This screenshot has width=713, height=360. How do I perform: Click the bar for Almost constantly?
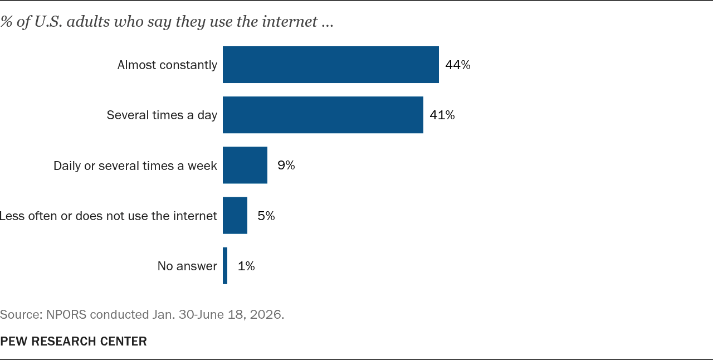tap(331, 65)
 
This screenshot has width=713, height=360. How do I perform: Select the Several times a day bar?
tap(323, 115)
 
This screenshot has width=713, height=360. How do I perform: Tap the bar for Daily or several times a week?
tap(245, 165)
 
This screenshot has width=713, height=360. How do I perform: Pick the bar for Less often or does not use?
tap(235, 215)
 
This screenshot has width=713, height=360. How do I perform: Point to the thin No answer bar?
tap(225, 266)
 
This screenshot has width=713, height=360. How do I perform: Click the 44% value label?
tap(458, 65)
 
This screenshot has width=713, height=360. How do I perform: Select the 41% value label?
tap(442, 115)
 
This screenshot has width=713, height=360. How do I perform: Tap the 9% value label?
tap(286, 165)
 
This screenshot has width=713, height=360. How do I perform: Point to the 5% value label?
tap(266, 216)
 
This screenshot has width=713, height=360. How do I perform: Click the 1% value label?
tap(246, 266)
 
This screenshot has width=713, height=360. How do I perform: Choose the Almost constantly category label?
tap(168, 65)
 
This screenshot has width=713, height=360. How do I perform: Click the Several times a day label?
tap(162, 115)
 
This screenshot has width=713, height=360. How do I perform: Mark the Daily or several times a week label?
tap(135, 166)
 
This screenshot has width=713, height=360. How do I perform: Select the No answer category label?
tap(187, 266)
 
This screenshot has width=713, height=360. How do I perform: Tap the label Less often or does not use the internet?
tap(108, 216)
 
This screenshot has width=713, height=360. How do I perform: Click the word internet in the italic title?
tap(290, 22)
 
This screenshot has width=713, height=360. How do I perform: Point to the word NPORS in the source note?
tap(66, 314)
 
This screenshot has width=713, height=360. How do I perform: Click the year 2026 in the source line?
tap(266, 314)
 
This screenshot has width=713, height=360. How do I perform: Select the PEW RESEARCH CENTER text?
tap(74, 341)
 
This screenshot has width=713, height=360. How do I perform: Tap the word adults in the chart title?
tap(88, 22)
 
